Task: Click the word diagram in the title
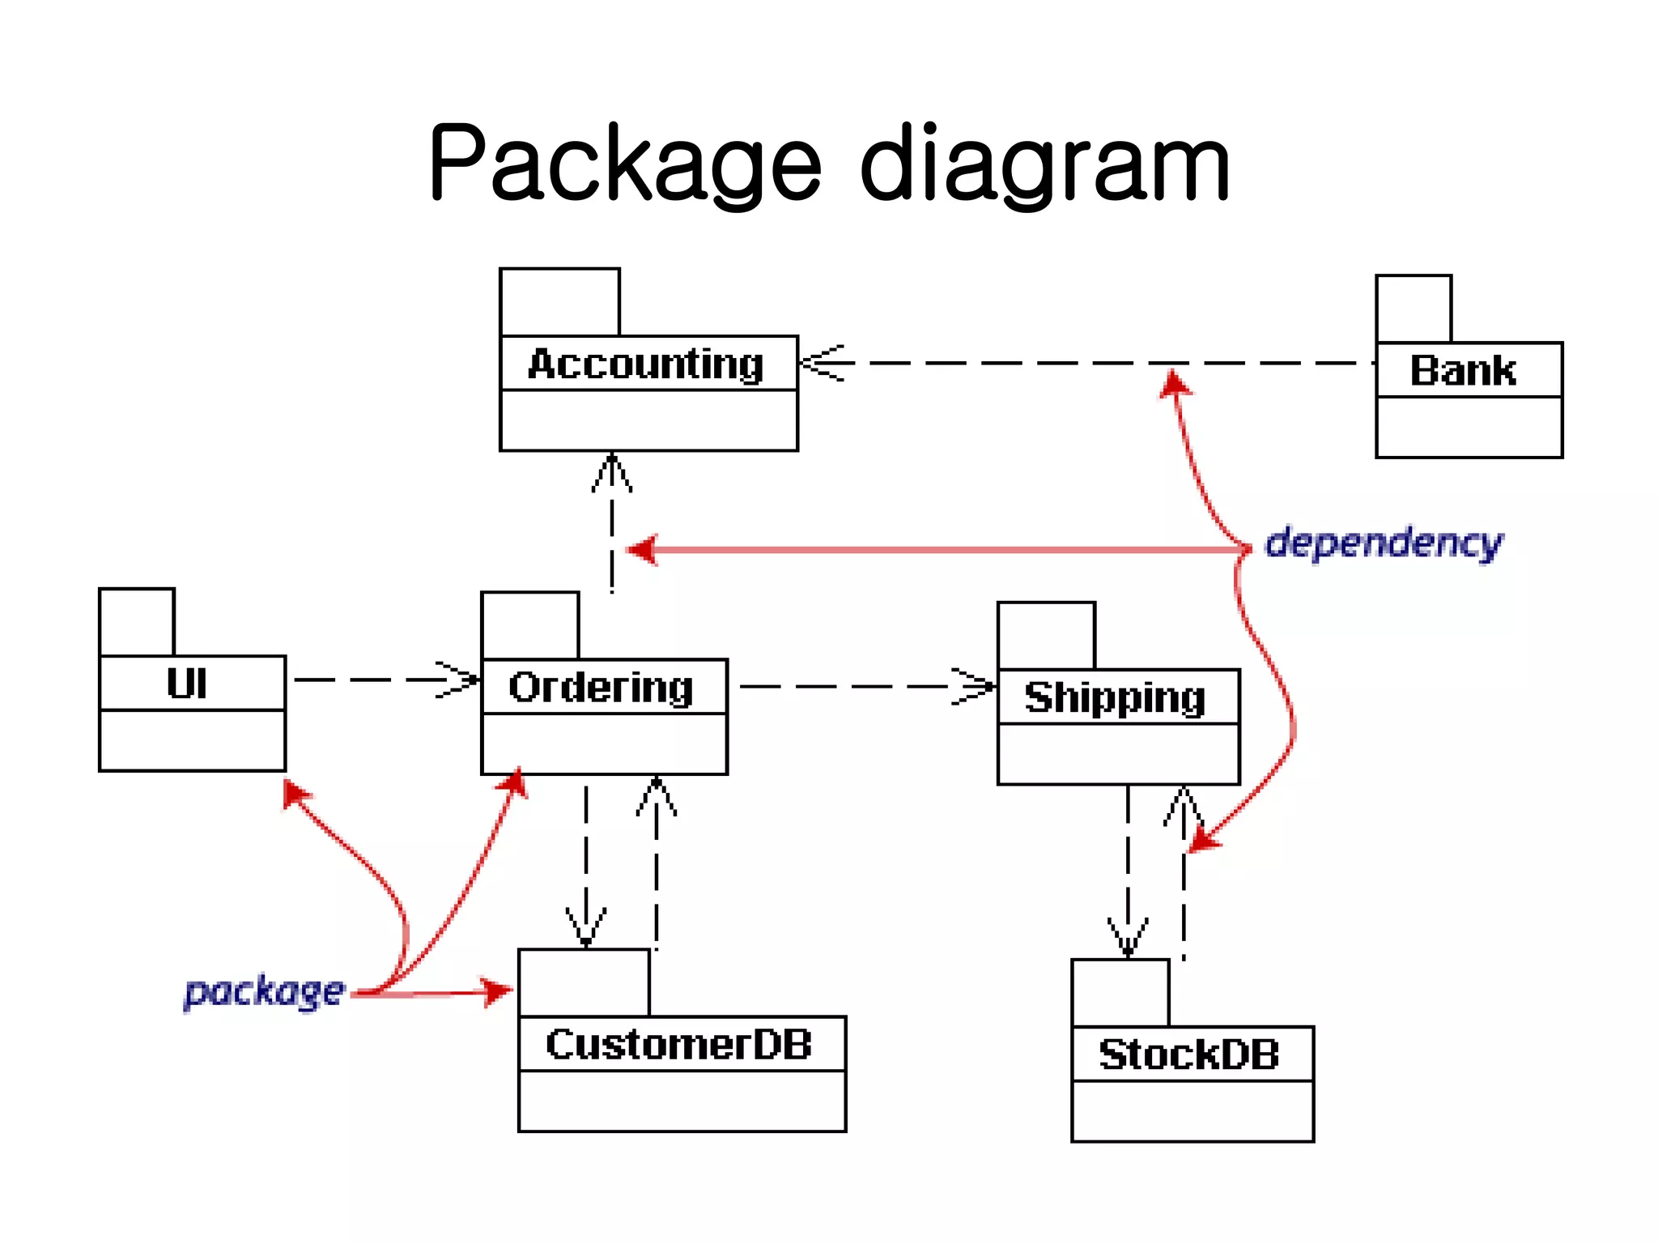click(1044, 164)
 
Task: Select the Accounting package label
click(646, 364)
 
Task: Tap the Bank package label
click(1463, 370)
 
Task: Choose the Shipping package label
click(1115, 697)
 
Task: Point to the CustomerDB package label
click(678, 1044)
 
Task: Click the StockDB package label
click(1188, 1054)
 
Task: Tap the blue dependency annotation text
click(1384, 543)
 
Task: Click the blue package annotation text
click(264, 991)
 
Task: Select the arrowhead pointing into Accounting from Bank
click(819, 363)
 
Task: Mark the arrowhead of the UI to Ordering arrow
click(461, 680)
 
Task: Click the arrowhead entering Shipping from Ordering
click(976, 686)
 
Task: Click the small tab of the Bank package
click(1414, 309)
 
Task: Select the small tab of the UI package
click(137, 622)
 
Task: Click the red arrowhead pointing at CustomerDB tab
click(495, 991)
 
